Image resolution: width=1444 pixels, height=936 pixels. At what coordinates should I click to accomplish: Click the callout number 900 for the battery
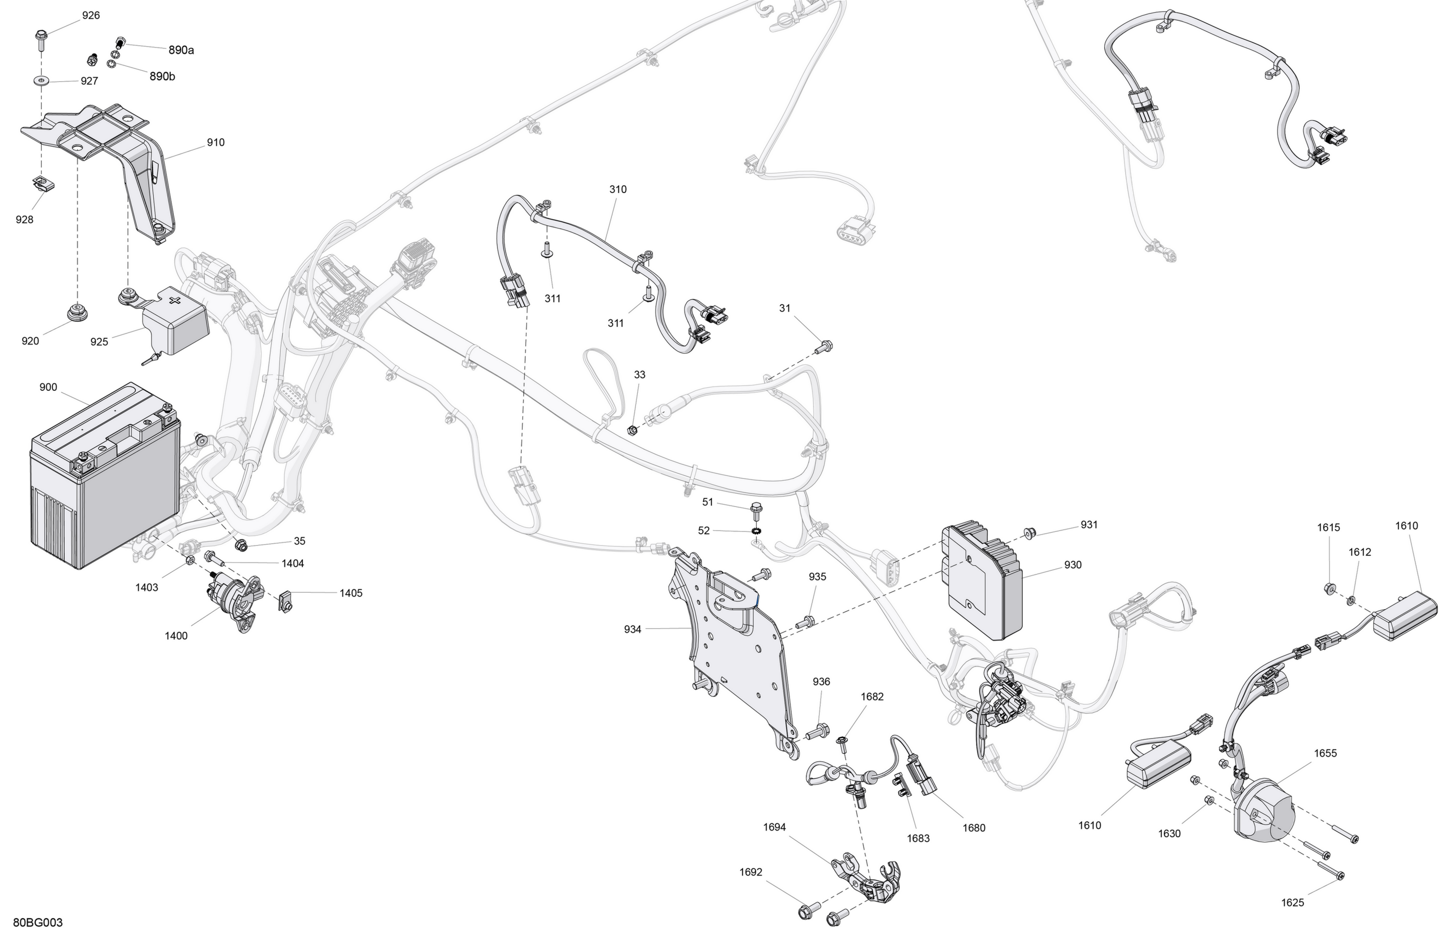pos(48,387)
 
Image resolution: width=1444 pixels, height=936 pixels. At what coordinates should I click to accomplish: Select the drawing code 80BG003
pos(38,923)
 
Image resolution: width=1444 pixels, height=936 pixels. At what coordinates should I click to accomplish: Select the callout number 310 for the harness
pos(618,189)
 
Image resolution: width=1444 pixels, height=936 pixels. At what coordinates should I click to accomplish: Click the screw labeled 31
pos(825,347)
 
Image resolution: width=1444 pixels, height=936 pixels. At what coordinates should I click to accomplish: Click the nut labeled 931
pos(1029,533)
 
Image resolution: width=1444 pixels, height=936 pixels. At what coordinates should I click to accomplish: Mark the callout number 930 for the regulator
pos(1073,565)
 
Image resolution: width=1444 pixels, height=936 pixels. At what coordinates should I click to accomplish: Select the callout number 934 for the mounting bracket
pos(632,629)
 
